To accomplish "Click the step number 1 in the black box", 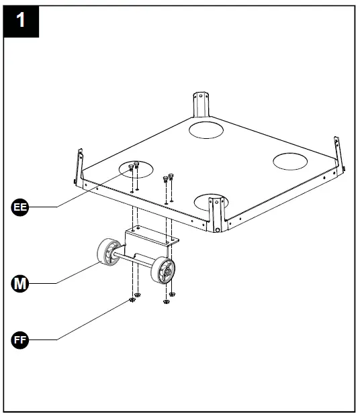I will pyautogui.click(x=21, y=20).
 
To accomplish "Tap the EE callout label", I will pyautogui.click(x=21, y=207).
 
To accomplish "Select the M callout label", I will pyautogui.click(x=21, y=284).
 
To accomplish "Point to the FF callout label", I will pyautogui.click(x=21, y=340).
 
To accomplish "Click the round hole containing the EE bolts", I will pyautogui.click(x=136, y=168).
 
